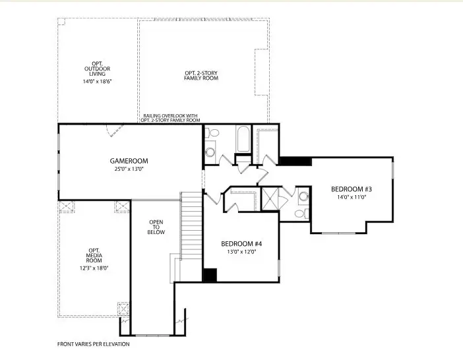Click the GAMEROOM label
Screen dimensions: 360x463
pos(129,161)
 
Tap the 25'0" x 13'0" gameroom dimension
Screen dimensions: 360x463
pos(129,169)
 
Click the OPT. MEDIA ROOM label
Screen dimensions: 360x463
pos(94,255)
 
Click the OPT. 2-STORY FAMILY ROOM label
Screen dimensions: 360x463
pos(201,75)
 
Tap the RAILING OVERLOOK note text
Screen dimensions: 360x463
pos(170,118)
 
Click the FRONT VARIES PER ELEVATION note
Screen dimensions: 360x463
pos(93,344)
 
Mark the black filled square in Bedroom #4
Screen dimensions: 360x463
pos(210,276)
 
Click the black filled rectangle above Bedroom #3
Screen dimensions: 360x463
pos(295,161)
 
